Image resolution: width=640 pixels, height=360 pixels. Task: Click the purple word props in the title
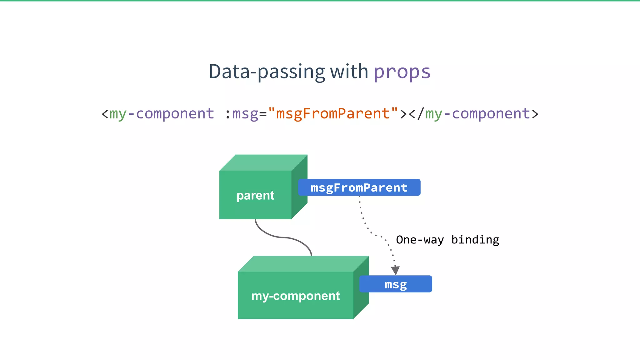(402, 72)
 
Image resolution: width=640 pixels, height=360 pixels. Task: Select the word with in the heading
(349, 71)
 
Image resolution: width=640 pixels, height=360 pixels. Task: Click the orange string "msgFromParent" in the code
(333, 113)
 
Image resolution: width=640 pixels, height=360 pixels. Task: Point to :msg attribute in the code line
(242, 114)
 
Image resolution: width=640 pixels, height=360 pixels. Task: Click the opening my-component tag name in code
(162, 114)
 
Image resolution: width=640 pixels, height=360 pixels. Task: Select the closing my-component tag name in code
(477, 114)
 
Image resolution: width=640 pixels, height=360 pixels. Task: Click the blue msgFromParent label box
(359, 187)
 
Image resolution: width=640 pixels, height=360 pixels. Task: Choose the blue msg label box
(396, 284)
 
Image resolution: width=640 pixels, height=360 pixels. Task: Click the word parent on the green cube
(255, 196)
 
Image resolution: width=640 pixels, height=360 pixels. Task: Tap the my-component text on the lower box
(295, 296)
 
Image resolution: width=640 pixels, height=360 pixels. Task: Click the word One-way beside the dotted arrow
(420, 240)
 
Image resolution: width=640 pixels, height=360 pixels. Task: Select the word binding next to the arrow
(475, 240)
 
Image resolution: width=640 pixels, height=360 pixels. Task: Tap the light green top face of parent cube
(263, 162)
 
